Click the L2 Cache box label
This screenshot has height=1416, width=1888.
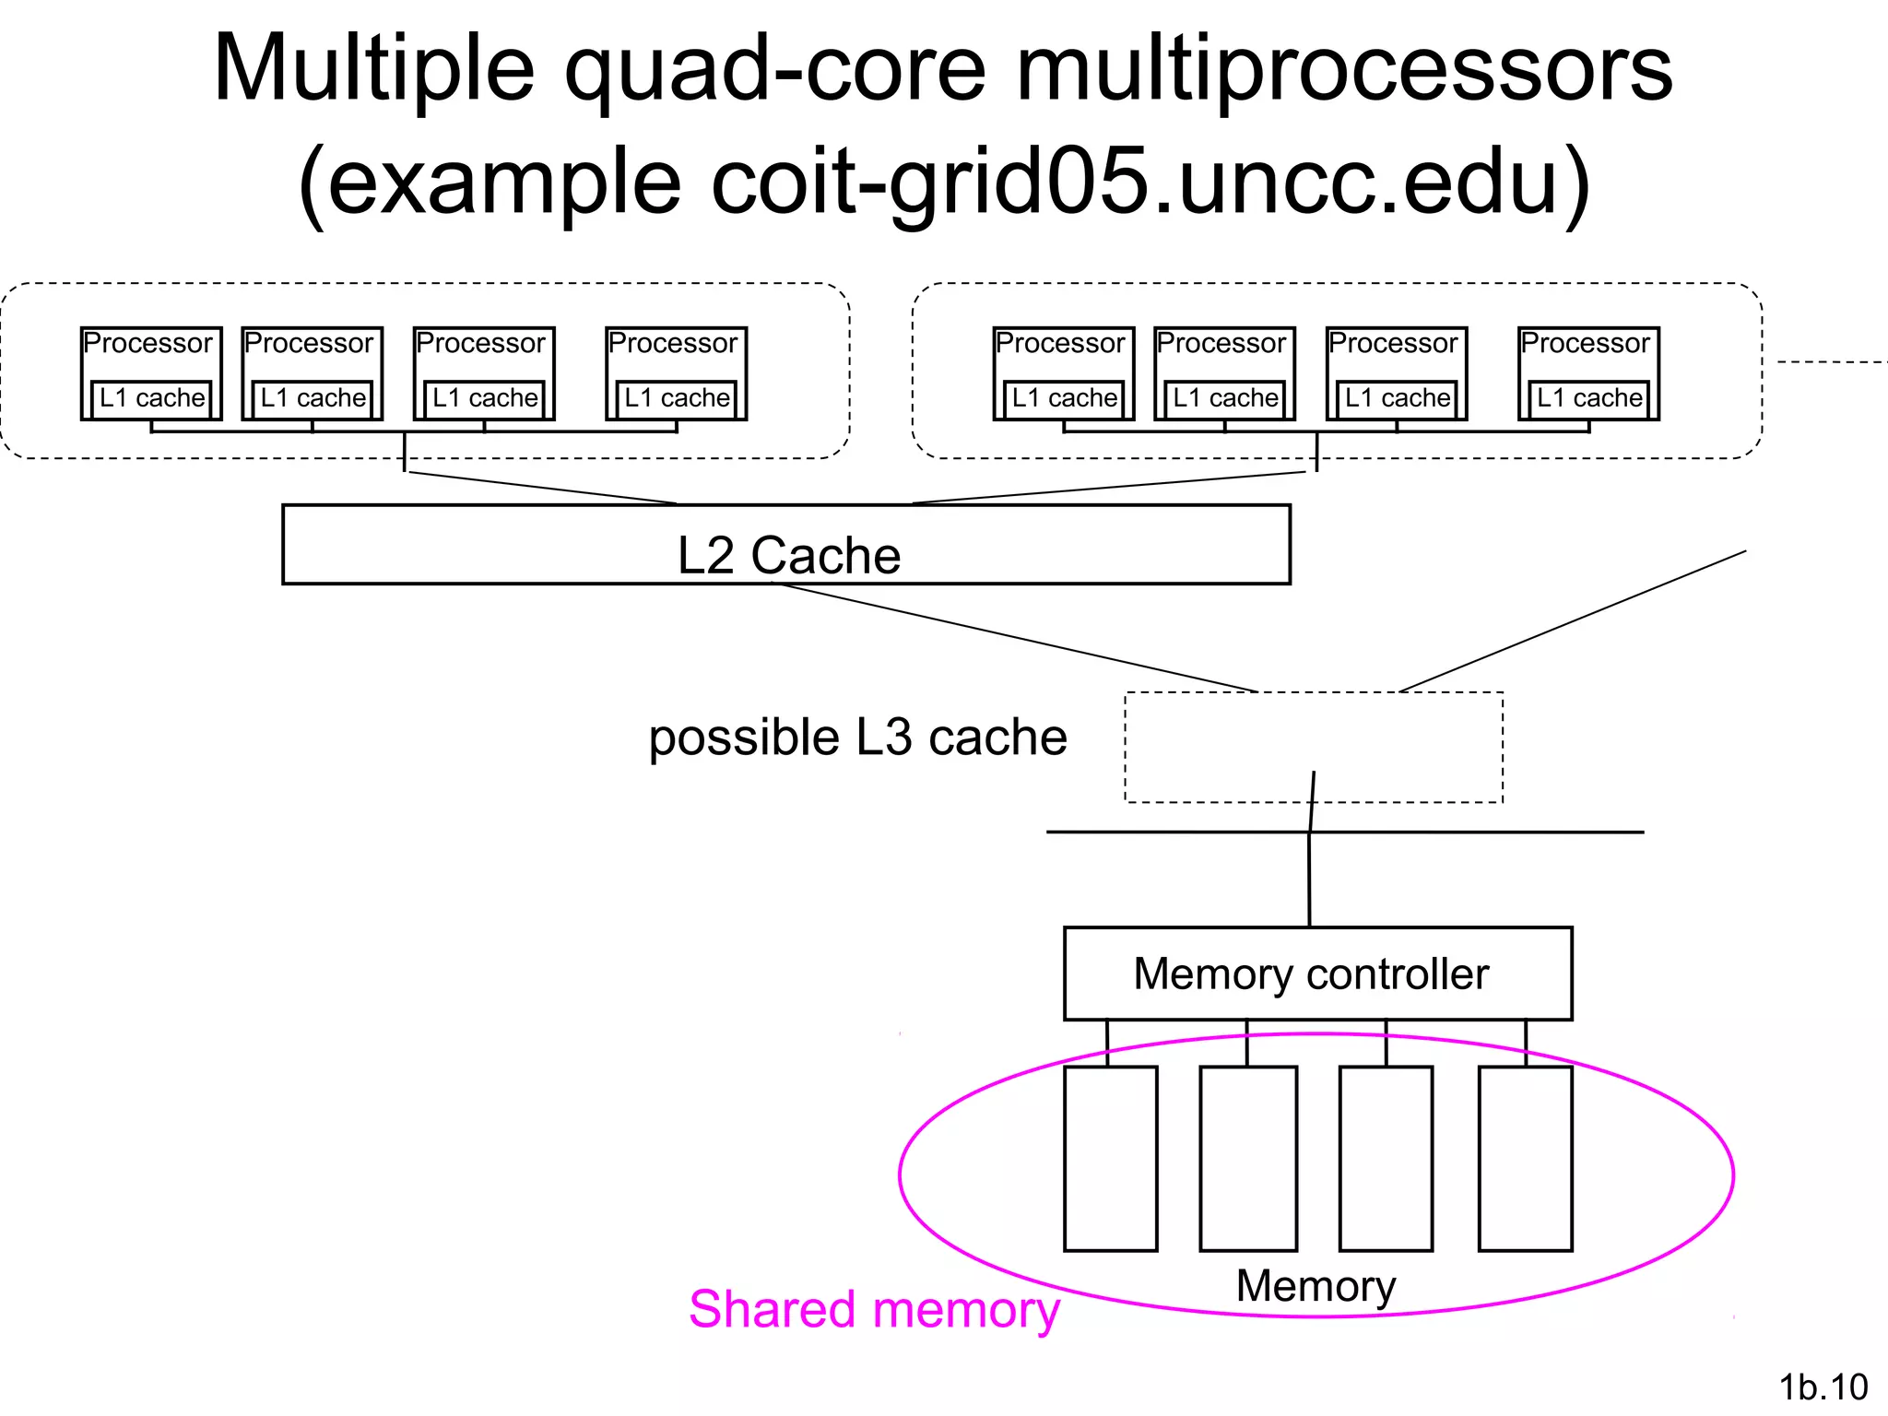788,555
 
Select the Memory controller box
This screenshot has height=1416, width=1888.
1316,973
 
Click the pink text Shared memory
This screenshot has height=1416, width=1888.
874,1309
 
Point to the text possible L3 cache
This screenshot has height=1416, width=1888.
857,737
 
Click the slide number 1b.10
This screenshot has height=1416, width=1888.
1823,1386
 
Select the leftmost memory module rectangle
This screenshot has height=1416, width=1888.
1110,1159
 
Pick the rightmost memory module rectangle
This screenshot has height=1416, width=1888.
1525,1159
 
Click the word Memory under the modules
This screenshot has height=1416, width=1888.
1316,1285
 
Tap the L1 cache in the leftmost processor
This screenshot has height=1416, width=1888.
152,398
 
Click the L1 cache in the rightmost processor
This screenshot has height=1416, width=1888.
1589,398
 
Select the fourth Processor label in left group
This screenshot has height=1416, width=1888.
673,344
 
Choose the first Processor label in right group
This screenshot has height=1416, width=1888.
1060,344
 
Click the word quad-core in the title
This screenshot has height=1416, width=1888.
774,69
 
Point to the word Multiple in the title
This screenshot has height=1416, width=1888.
373,69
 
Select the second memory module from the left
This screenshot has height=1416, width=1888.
1248,1159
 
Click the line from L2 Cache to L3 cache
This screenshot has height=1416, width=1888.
1014,636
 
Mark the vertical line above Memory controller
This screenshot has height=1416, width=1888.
1309,880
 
